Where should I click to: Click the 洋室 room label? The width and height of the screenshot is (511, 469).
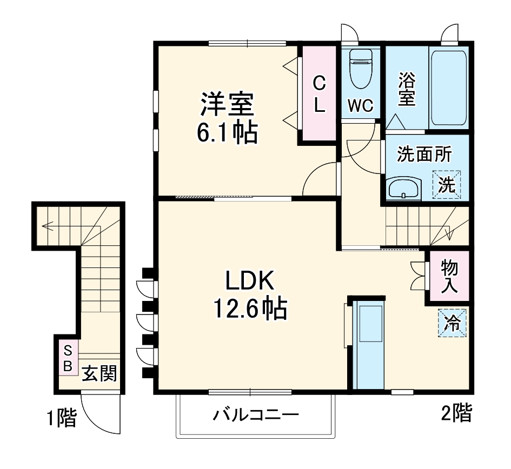coord(227,105)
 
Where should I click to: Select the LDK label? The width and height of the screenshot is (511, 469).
coord(250,281)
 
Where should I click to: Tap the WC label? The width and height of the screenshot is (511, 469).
coord(360,106)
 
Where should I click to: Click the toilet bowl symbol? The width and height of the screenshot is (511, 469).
coord(361,69)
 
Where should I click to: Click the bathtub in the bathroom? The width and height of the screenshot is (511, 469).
coord(448,89)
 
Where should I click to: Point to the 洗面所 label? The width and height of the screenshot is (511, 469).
coord(424,155)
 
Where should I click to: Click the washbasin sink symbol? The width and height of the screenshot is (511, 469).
coord(403,189)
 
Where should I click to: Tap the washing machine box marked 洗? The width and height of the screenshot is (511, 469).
coord(447,185)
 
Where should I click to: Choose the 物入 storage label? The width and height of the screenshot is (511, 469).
coord(449,276)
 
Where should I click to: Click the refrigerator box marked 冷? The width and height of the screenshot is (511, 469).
coord(451,323)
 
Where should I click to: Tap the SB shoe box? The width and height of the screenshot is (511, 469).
coord(68,357)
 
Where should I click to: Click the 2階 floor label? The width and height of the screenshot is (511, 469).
coord(456,413)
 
